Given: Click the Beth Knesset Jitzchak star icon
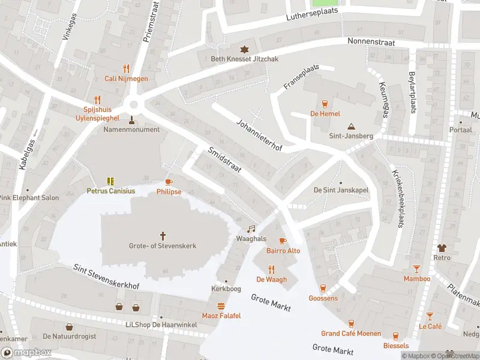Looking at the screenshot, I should pos(244,49).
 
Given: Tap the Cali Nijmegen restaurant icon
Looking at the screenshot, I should pos(126,68).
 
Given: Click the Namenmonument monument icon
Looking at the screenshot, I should pos(131,119).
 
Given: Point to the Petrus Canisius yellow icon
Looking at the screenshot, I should pos(110,181).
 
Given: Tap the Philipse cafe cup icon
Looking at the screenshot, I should pos(169,181).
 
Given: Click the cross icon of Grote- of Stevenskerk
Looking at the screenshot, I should pos(163,235).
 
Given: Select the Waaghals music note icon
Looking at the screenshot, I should pos(251,229).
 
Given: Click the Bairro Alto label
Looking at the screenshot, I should pos(283,251).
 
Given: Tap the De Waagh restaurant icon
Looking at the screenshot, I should pos(271,269).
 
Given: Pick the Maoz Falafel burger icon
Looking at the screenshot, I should pos(221,305).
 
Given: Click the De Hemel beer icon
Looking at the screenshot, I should pos(325,103).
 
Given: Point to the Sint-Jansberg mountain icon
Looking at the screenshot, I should pos(351,126).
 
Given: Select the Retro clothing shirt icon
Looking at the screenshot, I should pos(442,247).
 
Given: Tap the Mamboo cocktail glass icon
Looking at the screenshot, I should pos(416,269).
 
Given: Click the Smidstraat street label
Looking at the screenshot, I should pos(224,161).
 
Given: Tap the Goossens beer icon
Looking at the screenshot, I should pos(323,288).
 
